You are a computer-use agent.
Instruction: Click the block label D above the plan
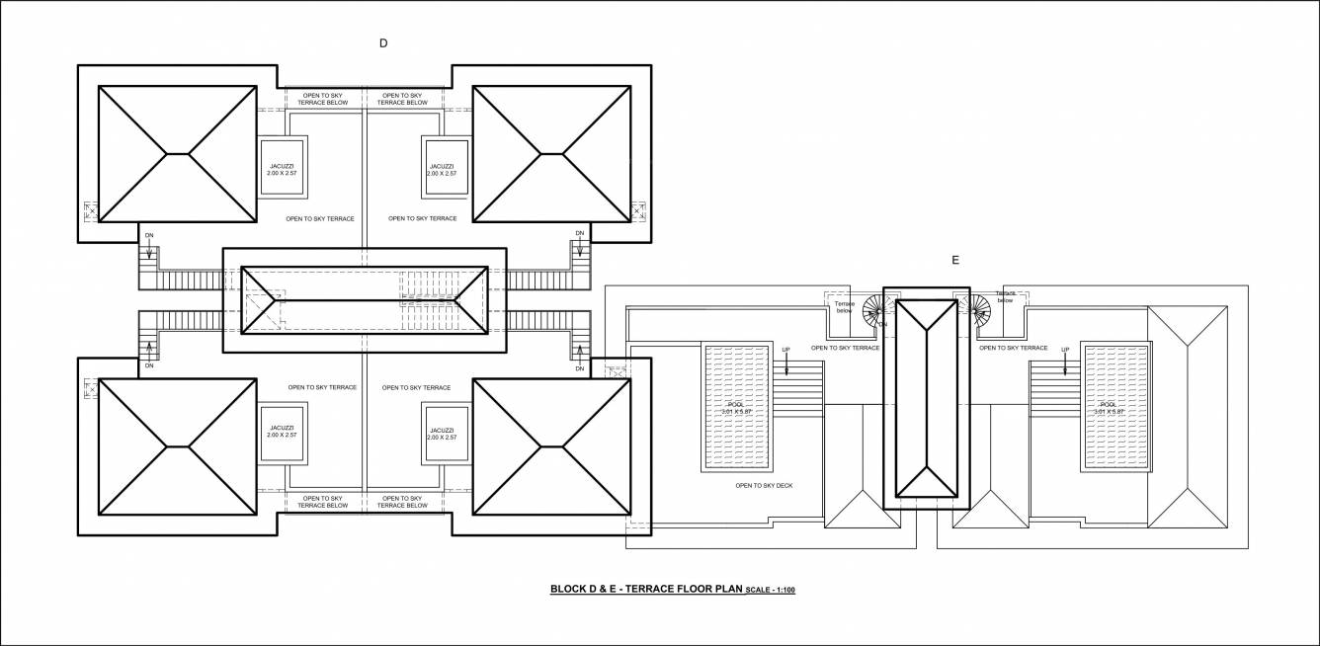[x=382, y=42]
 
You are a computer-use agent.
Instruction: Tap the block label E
[x=954, y=261]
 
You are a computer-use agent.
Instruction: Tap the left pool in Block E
[x=735, y=407]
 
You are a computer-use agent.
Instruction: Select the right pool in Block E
[x=1114, y=407]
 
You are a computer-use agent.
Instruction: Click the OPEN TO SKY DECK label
[x=764, y=486]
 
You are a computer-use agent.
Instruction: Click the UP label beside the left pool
[x=786, y=351]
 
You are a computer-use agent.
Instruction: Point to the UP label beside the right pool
[x=1064, y=351]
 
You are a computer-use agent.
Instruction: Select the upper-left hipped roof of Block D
[x=177, y=154]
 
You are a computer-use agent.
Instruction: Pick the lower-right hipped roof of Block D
[x=550, y=447]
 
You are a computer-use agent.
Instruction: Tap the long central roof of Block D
[x=365, y=298]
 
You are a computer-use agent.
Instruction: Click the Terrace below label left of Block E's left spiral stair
[x=844, y=306]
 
